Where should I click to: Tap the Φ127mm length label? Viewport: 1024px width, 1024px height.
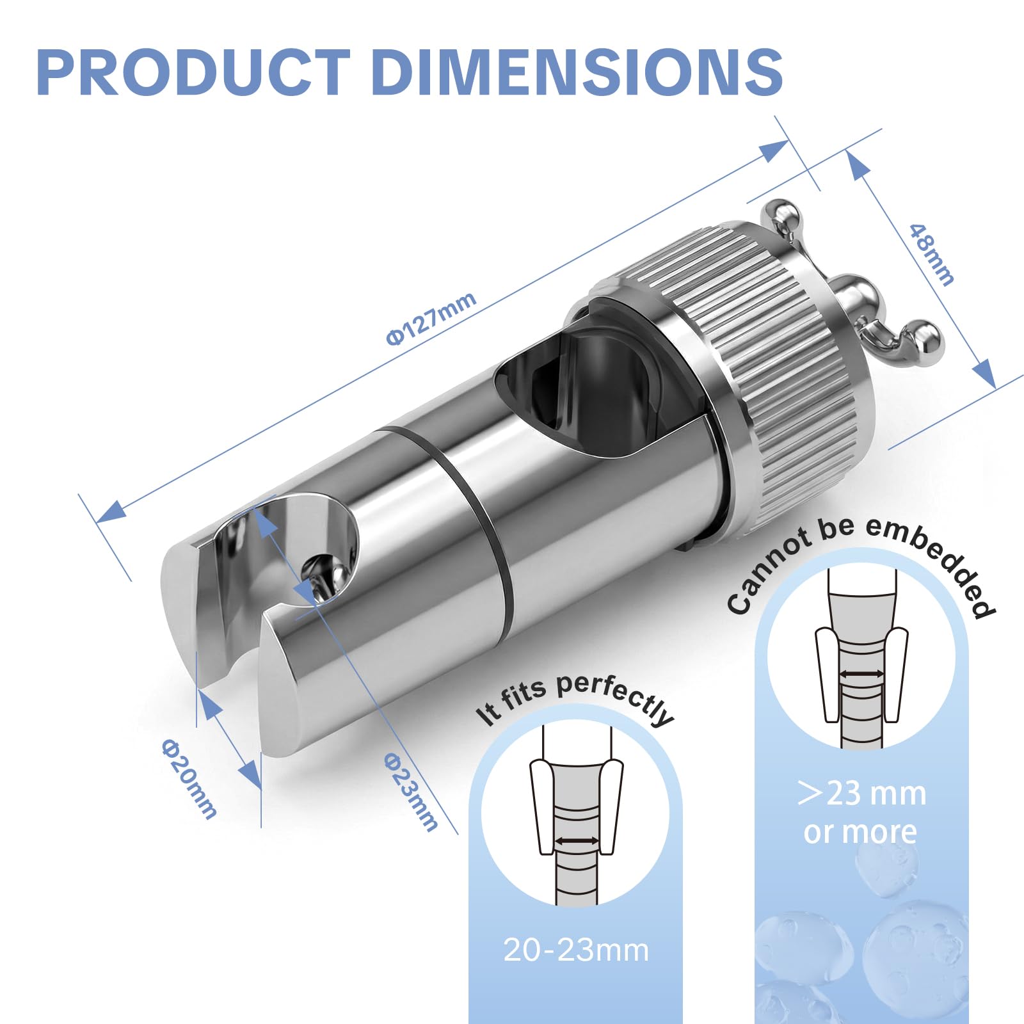point(431,318)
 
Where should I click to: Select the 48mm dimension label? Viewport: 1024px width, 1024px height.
point(932,253)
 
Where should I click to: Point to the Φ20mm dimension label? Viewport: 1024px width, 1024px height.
point(189,778)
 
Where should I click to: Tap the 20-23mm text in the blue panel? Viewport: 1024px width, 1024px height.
point(576,950)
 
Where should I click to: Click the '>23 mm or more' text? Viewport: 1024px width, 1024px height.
point(861,812)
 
